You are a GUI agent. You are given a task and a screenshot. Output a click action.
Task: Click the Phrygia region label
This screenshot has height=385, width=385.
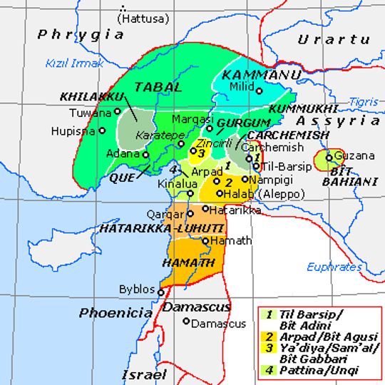click(81, 34)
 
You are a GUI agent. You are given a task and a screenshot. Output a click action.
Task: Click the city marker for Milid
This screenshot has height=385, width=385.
click(260, 91)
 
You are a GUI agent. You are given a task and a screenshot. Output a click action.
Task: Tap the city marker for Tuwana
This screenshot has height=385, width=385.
click(118, 112)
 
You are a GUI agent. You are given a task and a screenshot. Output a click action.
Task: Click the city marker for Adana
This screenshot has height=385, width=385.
click(145, 154)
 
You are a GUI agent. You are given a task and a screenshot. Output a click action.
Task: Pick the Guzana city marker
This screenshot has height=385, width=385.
click(329, 157)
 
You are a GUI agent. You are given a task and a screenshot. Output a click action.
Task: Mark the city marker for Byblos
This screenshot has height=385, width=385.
click(163, 290)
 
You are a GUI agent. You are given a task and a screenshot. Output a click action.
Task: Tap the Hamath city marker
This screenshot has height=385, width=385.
click(205, 241)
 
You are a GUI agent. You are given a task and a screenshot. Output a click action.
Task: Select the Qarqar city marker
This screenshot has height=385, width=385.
click(190, 212)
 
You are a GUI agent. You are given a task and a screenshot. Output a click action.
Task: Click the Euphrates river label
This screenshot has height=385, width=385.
click(334, 267)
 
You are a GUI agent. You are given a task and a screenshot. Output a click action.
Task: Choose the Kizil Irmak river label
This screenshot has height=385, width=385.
click(74, 63)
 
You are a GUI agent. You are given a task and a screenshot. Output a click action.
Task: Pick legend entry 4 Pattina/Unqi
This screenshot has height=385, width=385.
click(314, 370)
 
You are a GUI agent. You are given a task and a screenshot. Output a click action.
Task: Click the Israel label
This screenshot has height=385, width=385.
click(143, 374)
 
